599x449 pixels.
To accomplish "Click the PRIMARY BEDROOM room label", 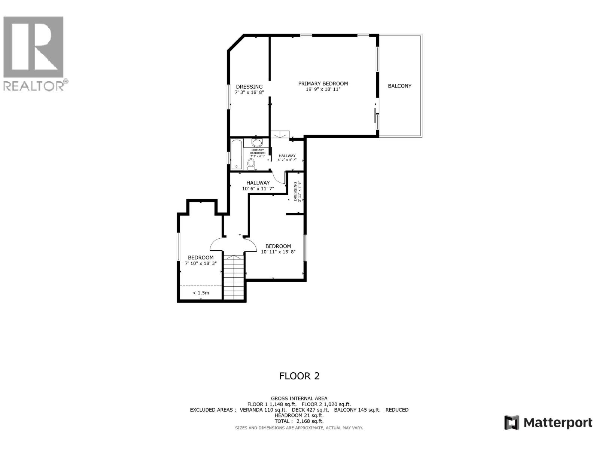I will point(323,84).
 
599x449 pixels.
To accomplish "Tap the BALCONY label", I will point(399,86).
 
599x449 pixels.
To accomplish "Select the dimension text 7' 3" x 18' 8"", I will point(249,92).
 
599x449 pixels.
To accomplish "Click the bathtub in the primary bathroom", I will point(237,155).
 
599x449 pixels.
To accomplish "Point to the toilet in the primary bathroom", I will point(251,164).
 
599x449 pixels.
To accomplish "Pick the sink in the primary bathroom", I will point(257,143).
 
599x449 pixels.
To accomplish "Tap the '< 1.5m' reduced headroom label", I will point(201,293).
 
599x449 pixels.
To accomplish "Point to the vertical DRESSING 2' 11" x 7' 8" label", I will point(297,192).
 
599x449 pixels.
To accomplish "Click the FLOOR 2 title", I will point(299,376).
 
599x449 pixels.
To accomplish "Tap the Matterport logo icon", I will point(512,423).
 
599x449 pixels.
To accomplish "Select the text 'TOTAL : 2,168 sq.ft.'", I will point(299,421).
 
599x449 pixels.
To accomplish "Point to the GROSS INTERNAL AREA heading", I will point(299,398).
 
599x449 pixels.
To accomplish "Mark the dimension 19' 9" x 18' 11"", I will point(323,89).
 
